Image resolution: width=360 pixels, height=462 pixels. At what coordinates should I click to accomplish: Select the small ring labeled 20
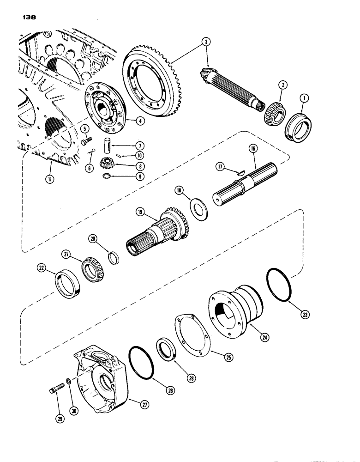pyautogui.click(x=114, y=256)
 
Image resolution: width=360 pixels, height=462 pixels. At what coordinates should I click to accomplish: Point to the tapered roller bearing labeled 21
pyautogui.click(x=93, y=271)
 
